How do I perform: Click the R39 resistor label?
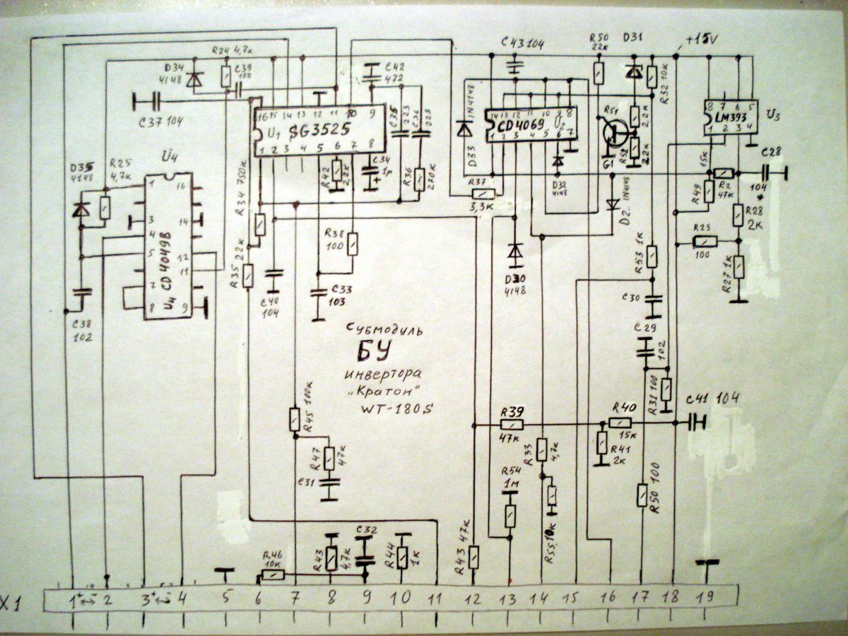(x=511, y=413)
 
